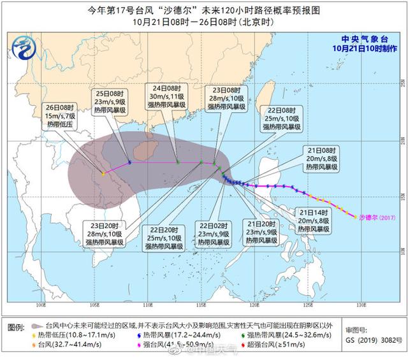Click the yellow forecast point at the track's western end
[x=103, y=173]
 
